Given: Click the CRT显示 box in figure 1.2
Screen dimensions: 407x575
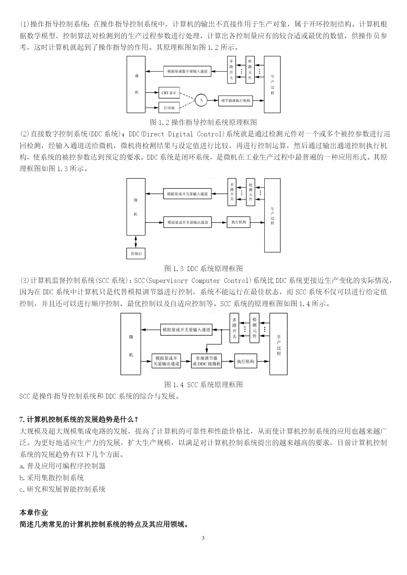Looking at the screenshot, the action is (x=169, y=93).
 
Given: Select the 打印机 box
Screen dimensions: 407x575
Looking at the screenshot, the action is (x=169, y=108).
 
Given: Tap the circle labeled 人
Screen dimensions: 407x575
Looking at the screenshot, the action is (x=201, y=100).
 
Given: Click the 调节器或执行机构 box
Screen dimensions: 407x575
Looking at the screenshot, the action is (x=235, y=101).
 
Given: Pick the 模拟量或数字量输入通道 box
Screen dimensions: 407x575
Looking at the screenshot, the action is (x=187, y=71).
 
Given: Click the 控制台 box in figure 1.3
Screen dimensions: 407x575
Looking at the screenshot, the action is (x=136, y=253).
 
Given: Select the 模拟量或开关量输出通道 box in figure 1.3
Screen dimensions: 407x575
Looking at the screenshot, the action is (x=188, y=222).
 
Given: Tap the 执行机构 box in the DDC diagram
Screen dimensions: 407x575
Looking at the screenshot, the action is (x=238, y=222).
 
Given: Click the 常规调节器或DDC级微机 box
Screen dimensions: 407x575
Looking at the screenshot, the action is (x=206, y=361).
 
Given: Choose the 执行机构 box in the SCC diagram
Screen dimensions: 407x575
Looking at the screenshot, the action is (x=246, y=361).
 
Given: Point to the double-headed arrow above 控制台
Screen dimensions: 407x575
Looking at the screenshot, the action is (x=136, y=242).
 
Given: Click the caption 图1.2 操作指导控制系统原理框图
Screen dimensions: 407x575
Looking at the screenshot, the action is (x=203, y=122).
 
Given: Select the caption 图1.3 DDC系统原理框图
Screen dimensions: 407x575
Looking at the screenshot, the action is (x=203, y=268).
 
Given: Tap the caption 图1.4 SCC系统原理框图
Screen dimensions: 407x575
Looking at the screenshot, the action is (x=203, y=384).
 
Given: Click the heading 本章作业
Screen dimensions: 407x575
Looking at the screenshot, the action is (x=34, y=512).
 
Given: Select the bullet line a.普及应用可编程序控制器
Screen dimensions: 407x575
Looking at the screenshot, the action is (x=62, y=466).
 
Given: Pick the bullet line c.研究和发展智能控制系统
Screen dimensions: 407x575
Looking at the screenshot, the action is (x=62, y=489).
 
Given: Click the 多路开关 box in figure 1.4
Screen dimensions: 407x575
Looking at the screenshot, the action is (x=234, y=328).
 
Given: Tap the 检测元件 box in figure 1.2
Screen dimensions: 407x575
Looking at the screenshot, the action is (x=250, y=69).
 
